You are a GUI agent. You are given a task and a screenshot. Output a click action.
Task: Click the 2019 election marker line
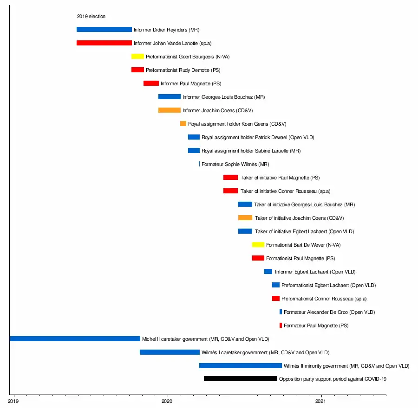click(x=75, y=16)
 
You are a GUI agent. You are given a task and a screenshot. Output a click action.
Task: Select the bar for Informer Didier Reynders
click(x=104, y=30)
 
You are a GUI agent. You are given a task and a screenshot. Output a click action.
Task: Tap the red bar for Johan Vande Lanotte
click(x=104, y=43)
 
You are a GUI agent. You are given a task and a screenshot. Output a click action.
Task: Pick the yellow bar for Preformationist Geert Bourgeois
click(x=137, y=57)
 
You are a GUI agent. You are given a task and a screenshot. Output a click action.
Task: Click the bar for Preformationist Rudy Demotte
click(x=137, y=70)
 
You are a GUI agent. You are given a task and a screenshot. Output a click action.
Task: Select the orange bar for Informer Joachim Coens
click(x=169, y=110)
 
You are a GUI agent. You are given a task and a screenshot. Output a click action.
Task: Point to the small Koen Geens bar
click(x=183, y=124)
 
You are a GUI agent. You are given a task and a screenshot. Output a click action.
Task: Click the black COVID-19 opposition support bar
click(x=240, y=379)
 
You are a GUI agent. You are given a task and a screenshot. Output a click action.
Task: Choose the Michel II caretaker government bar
click(x=74, y=339)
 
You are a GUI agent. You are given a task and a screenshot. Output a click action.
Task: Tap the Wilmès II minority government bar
click(x=240, y=366)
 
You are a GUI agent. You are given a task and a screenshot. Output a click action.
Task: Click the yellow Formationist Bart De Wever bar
click(x=258, y=245)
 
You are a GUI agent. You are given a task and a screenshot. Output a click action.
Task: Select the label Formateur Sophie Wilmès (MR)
click(x=235, y=164)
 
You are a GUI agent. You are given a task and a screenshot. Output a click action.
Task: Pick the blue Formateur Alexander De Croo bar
click(x=281, y=312)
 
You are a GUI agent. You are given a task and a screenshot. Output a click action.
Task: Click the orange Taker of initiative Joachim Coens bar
click(x=245, y=218)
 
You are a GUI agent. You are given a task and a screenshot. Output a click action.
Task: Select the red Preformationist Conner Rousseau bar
click(x=276, y=299)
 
